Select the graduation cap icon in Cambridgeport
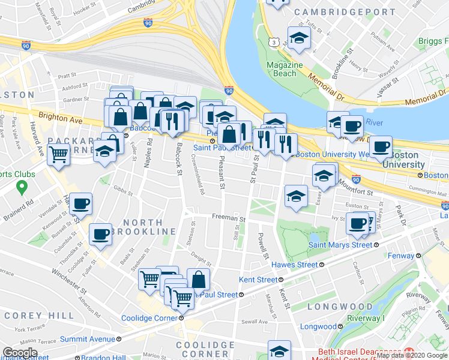pos(298,39)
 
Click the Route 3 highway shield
pos(274,42)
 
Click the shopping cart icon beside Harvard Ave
pos(58,154)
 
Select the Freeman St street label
pos(227,219)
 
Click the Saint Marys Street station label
pos(340,245)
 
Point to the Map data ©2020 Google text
pos(412,355)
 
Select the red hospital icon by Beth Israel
pos(409,352)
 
